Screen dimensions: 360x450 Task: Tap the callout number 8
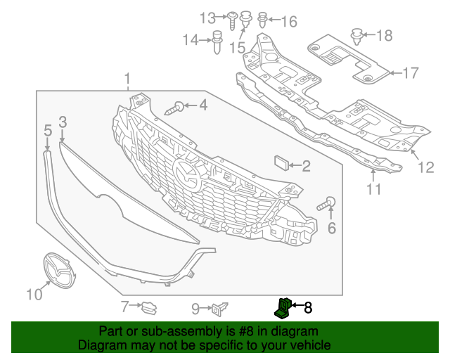pos(307,307)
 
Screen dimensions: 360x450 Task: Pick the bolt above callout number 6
pos(327,205)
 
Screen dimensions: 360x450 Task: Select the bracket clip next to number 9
pos(221,307)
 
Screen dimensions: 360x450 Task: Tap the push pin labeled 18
pos(356,34)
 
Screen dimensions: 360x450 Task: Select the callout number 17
pos(410,72)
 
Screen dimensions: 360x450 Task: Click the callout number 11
pos(373,188)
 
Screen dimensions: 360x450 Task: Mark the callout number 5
pos(48,130)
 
